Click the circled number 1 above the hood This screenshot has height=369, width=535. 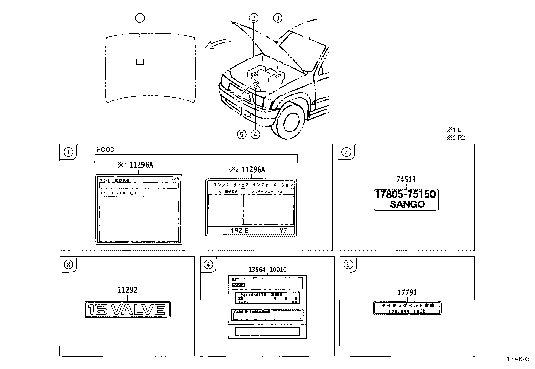point(140,18)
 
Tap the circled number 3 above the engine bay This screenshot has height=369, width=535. point(278,18)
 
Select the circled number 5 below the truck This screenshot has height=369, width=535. point(241,134)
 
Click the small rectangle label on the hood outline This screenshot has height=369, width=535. point(140,62)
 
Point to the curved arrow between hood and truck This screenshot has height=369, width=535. point(217,44)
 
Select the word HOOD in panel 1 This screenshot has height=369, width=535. point(105,150)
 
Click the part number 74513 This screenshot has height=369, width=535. point(406,180)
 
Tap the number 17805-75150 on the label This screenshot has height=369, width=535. point(406,194)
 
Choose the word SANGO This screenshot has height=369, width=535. point(407,204)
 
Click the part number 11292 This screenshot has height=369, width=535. point(127,290)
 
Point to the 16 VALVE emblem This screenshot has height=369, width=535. point(127,309)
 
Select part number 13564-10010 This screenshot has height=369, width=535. point(267,269)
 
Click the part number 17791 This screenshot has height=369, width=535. point(407,293)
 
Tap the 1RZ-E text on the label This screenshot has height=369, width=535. point(239,230)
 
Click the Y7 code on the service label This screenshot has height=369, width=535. point(283,231)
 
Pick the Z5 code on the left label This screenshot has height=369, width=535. point(176,179)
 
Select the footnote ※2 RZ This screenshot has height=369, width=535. point(456,138)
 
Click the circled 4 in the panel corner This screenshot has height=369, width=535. point(208,265)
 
